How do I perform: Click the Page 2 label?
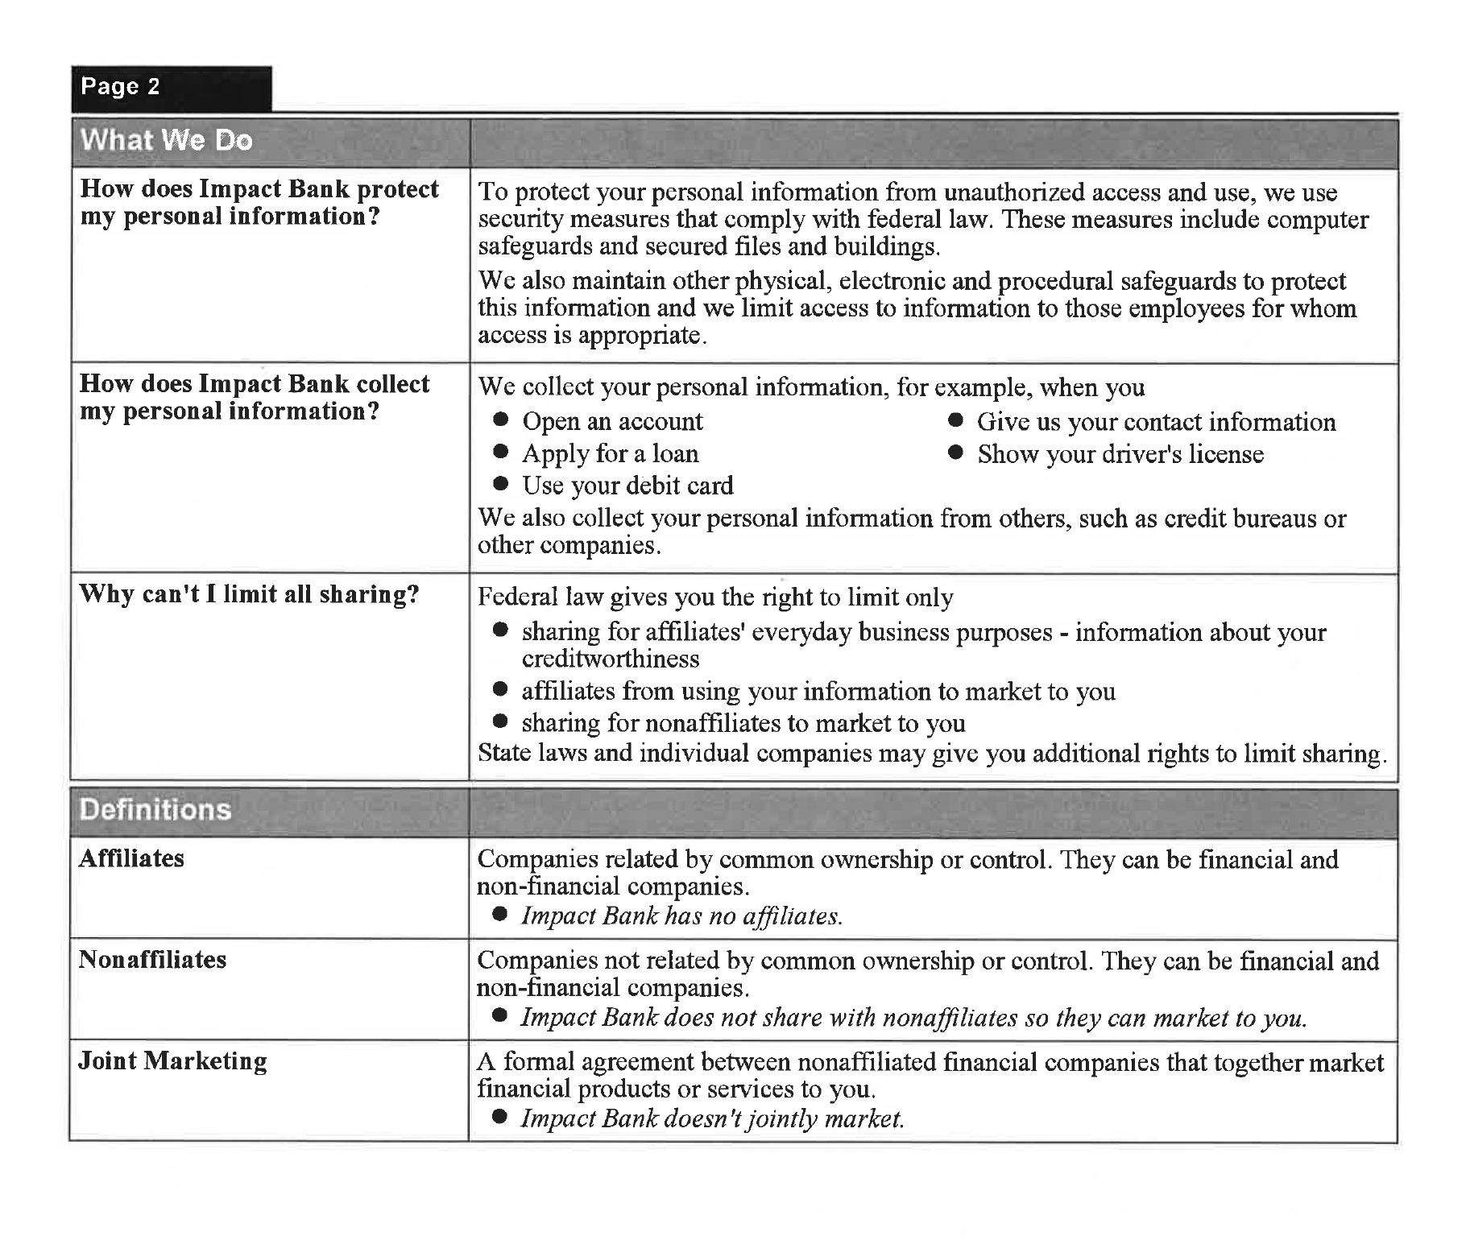[x=120, y=87]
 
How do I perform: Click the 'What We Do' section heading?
[x=166, y=141]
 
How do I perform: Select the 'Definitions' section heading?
[x=155, y=810]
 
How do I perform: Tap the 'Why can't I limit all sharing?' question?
[x=249, y=594]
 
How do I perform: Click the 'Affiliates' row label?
[x=131, y=858]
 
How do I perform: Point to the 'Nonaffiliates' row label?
[x=152, y=960]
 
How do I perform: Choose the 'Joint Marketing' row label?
[x=172, y=1061]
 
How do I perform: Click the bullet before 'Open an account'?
[x=501, y=420]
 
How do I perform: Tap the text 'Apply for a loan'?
[x=610, y=454]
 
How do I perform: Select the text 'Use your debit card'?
[x=627, y=486]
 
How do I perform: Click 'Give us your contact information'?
[x=1156, y=422]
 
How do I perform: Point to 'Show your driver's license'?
[x=1120, y=454]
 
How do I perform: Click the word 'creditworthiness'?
[x=610, y=659]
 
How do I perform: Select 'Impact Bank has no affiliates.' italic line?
[x=681, y=916]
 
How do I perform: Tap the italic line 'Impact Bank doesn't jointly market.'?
[x=712, y=1119]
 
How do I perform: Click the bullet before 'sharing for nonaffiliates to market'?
[x=501, y=721]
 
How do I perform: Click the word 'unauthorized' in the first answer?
[x=1011, y=192]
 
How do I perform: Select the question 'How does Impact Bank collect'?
[x=255, y=384]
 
